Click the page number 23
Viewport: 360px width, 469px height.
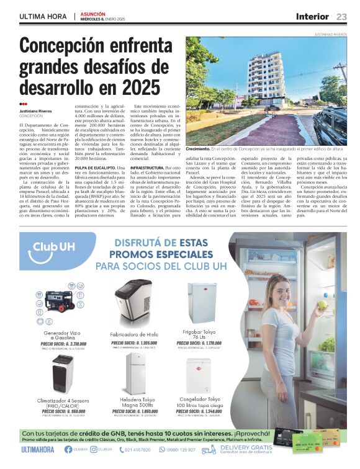(341, 16)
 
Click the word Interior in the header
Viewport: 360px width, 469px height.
(314, 16)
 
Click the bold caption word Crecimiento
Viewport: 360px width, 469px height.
(198, 150)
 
